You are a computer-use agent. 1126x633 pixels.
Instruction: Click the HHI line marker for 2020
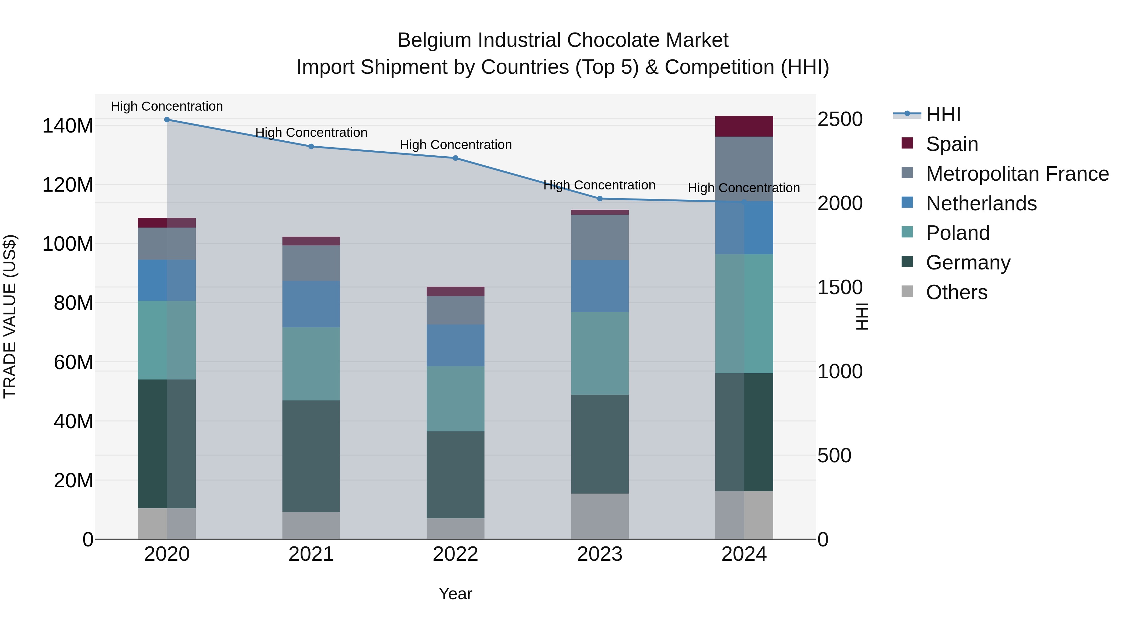(167, 120)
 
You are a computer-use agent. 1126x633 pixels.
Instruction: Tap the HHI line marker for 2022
(455, 158)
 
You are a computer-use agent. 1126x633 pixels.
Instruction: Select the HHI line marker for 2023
(600, 199)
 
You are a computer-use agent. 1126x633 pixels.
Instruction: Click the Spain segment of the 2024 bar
(744, 126)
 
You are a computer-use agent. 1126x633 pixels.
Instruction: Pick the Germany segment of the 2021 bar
(311, 456)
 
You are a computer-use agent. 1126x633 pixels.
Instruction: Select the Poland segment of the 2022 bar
(455, 399)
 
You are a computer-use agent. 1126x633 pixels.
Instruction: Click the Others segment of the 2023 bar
(600, 516)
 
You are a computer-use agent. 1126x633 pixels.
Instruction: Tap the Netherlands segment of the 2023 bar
(600, 286)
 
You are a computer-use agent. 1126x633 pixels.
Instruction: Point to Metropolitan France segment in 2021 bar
(311, 263)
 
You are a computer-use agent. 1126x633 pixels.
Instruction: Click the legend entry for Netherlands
(981, 203)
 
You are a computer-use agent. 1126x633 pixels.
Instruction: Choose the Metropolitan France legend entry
(1017, 174)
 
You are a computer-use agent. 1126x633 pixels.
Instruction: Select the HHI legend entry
(943, 114)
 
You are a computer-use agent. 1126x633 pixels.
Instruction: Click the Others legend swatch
(907, 291)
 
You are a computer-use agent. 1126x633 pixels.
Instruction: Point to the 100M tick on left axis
(68, 244)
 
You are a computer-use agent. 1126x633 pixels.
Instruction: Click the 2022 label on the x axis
(455, 554)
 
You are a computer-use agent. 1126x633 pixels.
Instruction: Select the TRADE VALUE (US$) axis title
(10, 316)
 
